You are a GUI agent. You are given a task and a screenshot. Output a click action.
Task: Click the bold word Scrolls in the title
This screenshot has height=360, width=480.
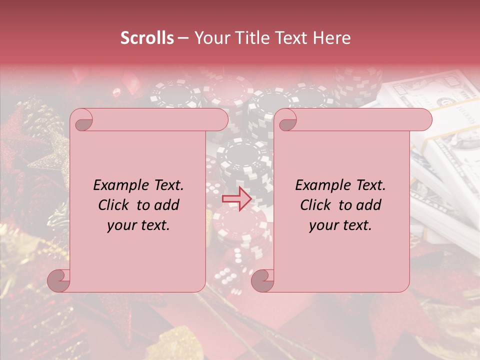[x=147, y=38]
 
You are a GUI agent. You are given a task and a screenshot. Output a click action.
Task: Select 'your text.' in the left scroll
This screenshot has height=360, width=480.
[x=138, y=225]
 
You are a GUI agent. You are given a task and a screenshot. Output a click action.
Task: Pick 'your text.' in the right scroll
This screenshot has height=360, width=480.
[x=340, y=225]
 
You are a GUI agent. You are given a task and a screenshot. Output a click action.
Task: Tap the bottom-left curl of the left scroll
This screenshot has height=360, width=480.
[x=58, y=281]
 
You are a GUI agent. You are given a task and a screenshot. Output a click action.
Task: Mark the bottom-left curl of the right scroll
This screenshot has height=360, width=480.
[x=262, y=281]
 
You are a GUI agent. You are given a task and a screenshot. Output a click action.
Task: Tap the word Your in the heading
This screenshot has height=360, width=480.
[x=210, y=38]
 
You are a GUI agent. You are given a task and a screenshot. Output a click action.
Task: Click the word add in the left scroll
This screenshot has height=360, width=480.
[x=166, y=205]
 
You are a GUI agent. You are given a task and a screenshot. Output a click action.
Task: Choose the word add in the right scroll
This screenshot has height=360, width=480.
[x=369, y=205]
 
